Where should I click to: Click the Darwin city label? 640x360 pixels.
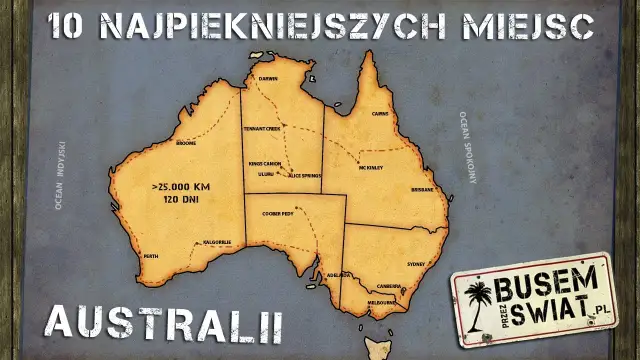point(268,78)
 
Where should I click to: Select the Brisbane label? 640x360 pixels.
point(422,189)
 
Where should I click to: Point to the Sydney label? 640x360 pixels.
point(416,264)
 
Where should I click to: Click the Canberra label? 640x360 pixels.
point(388,285)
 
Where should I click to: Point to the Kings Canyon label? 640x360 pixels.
point(265,163)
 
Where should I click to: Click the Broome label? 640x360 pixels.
point(186,143)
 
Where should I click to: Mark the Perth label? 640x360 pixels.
point(151,257)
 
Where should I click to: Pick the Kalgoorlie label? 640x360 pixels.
point(218,242)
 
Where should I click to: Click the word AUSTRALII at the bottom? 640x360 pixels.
point(165,323)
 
